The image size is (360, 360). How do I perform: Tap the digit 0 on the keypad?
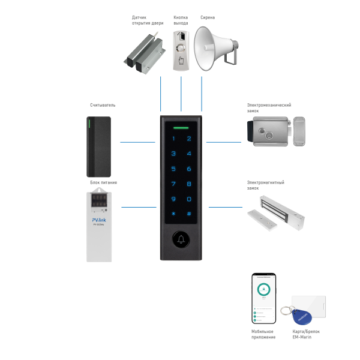click(188, 199)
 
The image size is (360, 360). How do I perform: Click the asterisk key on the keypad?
click(174, 214)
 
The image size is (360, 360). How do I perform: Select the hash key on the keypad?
click(188, 214)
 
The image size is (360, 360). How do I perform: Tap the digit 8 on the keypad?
click(188, 184)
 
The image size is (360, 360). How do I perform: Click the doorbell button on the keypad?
click(181, 240)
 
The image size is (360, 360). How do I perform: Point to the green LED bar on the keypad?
click(181, 127)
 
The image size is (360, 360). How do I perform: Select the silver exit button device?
click(181, 51)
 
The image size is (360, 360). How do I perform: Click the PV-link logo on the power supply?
click(99, 220)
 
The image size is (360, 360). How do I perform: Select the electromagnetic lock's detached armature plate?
click(262, 218)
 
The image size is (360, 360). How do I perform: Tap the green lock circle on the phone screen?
click(264, 289)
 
